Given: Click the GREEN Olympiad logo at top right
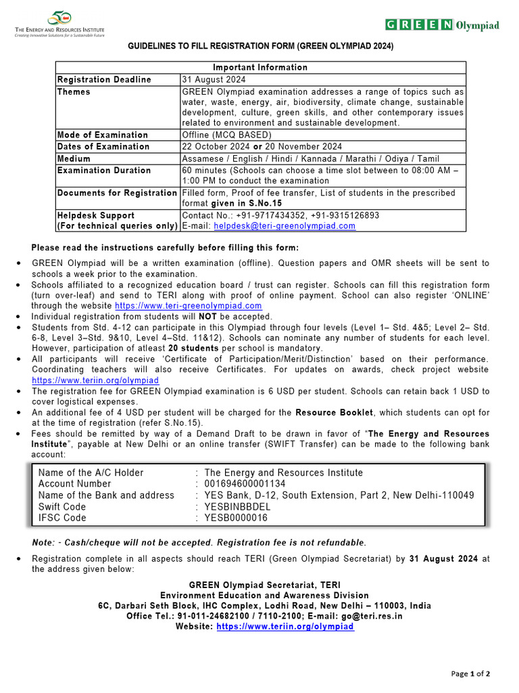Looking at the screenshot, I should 442,25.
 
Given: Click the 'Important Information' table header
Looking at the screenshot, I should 260,68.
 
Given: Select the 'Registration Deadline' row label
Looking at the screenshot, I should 104,80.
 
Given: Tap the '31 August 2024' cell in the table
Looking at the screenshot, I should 214,80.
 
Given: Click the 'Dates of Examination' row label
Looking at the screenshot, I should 103,146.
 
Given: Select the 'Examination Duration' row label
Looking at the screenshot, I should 104,171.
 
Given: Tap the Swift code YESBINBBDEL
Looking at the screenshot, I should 237,507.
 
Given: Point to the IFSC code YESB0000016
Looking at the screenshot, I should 236,518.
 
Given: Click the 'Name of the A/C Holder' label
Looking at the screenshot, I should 91,472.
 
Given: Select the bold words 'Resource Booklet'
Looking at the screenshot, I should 335,412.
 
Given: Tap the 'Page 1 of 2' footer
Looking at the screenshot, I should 470,673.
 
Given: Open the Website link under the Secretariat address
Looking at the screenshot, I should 285,627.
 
